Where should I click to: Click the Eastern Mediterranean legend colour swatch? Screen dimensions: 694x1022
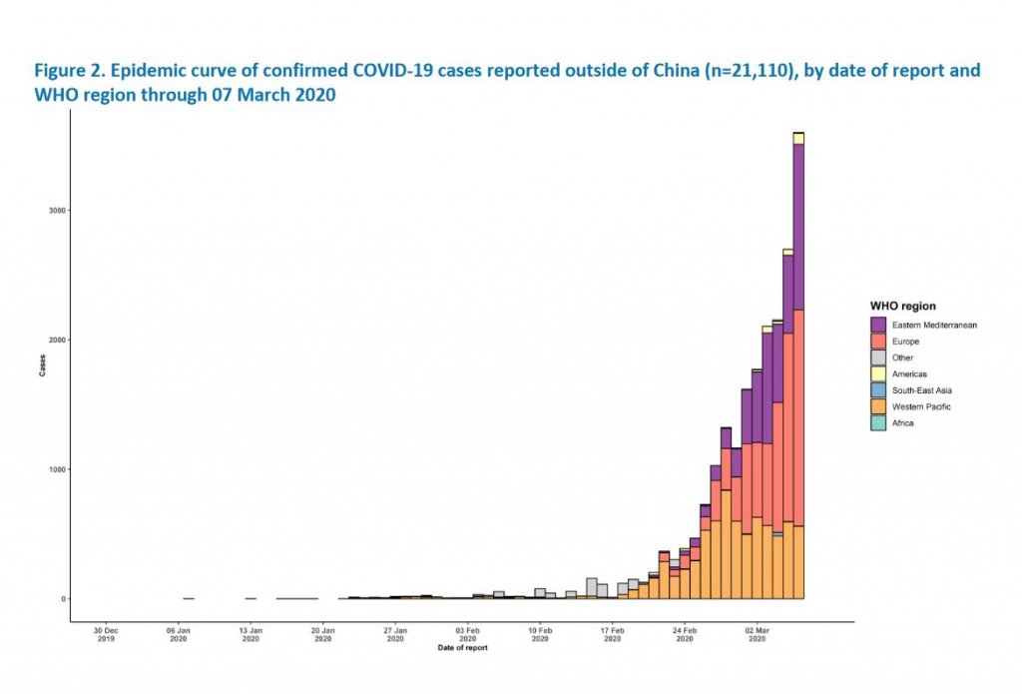(x=878, y=326)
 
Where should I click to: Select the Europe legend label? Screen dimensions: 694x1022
(x=906, y=342)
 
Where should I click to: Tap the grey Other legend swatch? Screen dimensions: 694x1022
(x=878, y=357)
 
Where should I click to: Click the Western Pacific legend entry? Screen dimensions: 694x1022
(x=920, y=406)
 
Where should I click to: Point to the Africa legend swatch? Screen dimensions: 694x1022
(x=878, y=422)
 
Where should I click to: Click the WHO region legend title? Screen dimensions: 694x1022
(x=902, y=306)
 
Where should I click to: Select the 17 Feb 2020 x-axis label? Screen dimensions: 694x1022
(x=613, y=635)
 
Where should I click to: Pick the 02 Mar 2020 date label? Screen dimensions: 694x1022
(x=758, y=635)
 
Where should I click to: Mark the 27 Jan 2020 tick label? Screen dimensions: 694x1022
(x=395, y=635)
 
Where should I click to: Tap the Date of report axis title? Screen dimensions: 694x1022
(x=462, y=648)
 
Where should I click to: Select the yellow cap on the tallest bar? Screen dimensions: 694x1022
(x=798, y=138)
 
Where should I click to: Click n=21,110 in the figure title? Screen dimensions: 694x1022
(x=649, y=72)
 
